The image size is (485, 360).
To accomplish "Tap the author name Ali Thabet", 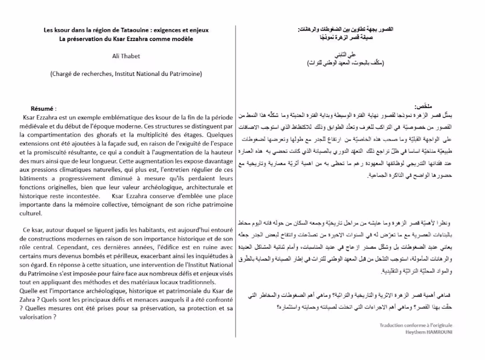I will (126, 56).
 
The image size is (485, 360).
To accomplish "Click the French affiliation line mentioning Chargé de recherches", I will (126, 74).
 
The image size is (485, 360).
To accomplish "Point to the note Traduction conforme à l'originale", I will (416, 325).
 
